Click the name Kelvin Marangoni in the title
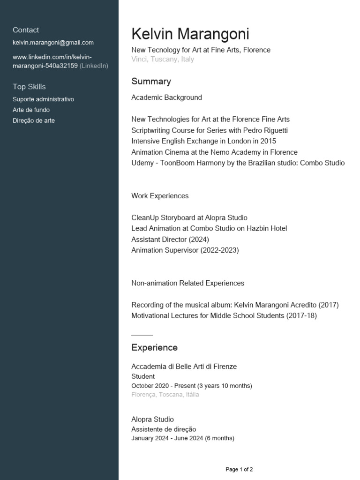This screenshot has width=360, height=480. [190, 34]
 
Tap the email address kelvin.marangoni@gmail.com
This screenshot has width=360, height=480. [53, 43]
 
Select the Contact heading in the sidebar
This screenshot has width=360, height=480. [26, 30]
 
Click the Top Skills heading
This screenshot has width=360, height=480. [29, 87]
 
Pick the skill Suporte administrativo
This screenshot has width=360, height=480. [43, 99]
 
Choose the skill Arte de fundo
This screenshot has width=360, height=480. [31, 110]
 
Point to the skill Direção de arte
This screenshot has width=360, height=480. [34, 121]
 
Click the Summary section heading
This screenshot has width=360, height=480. [151, 82]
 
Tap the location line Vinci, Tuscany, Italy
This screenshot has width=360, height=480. [163, 60]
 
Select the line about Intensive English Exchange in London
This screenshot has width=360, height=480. [203, 141]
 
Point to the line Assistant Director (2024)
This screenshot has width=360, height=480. [170, 240]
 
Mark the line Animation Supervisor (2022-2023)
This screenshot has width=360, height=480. [185, 250]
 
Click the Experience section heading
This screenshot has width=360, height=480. [154, 348]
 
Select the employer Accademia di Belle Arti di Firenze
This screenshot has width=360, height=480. [184, 367]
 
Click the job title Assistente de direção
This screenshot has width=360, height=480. [164, 429]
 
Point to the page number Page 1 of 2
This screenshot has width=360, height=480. [239, 469]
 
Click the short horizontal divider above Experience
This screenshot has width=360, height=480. [142, 335]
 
